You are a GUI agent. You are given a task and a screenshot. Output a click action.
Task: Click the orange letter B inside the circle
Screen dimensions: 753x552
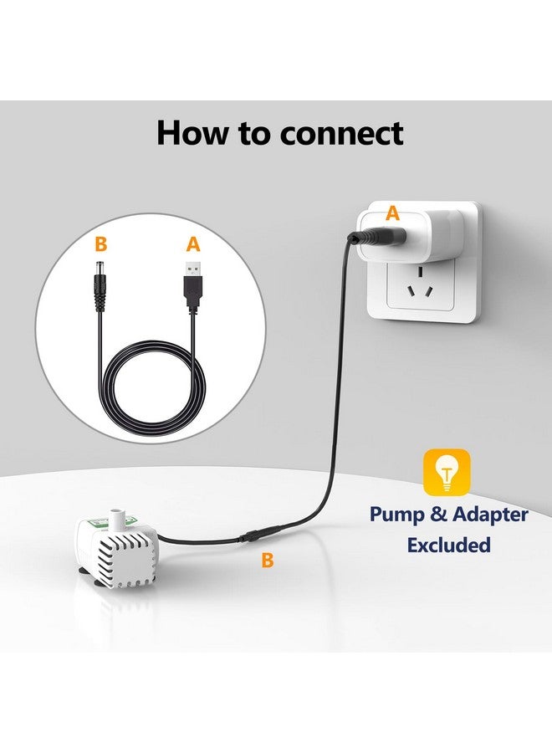tap(101, 244)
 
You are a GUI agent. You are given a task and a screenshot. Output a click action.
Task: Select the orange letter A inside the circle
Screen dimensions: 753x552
tap(193, 244)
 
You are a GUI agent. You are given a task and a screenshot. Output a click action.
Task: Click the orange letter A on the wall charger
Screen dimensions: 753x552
tap(391, 214)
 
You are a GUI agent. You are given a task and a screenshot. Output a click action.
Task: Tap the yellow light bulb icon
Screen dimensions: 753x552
tap(447, 473)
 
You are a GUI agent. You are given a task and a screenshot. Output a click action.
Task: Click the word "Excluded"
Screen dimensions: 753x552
tap(448, 545)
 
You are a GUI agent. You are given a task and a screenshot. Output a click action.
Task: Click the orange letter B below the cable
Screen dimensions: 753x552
tap(267, 561)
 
